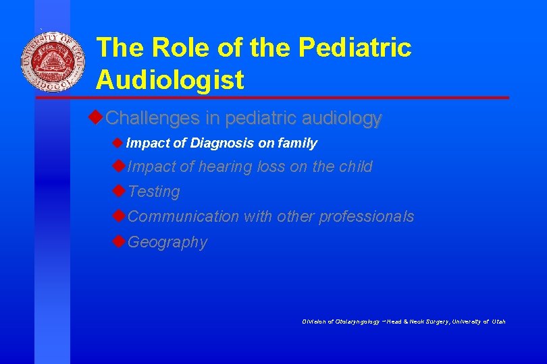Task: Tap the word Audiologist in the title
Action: coord(170,80)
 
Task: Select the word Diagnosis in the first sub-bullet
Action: coord(222,143)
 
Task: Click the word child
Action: coord(355,166)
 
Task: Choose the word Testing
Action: coord(154,192)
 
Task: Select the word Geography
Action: coord(167,242)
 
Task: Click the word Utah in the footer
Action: coord(498,322)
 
